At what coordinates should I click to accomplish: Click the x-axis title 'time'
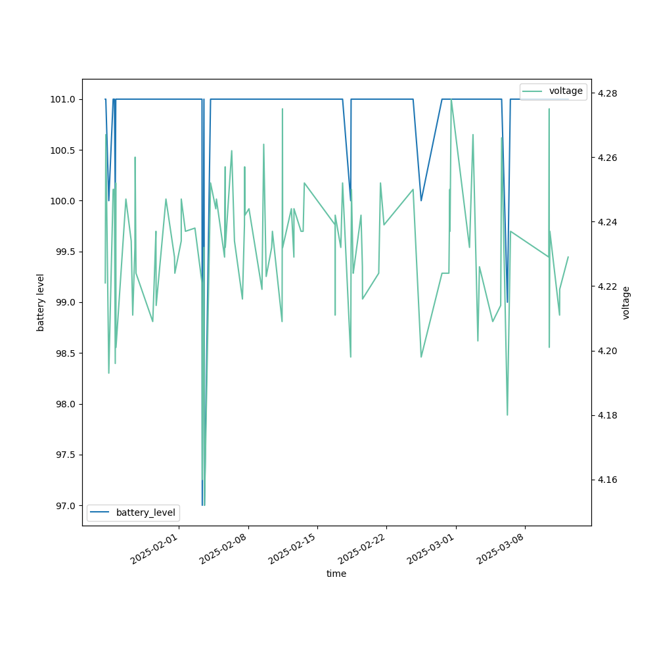336,574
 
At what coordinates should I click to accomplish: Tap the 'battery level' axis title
41,302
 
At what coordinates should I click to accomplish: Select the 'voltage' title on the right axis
626,302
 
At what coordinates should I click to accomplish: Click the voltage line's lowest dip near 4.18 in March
507,415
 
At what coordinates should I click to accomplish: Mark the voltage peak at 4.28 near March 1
451,100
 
